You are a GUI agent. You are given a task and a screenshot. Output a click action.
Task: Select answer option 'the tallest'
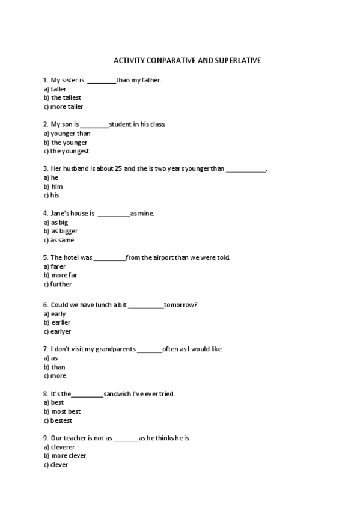tap(66, 97)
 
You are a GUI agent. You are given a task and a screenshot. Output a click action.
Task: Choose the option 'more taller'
tap(67, 106)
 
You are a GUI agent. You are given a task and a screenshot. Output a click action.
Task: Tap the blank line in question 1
tap(102, 80)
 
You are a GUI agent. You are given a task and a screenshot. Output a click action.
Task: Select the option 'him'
tap(56, 186)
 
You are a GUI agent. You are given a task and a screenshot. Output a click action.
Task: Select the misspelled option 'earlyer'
tap(61, 331)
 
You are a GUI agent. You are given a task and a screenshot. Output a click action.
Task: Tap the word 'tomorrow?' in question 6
tap(181, 305)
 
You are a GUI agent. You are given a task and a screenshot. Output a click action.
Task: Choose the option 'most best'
tap(66, 411)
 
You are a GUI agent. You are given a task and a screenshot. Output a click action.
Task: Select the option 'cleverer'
tap(63, 447)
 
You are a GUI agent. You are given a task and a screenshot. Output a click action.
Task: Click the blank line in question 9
tap(126, 438)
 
